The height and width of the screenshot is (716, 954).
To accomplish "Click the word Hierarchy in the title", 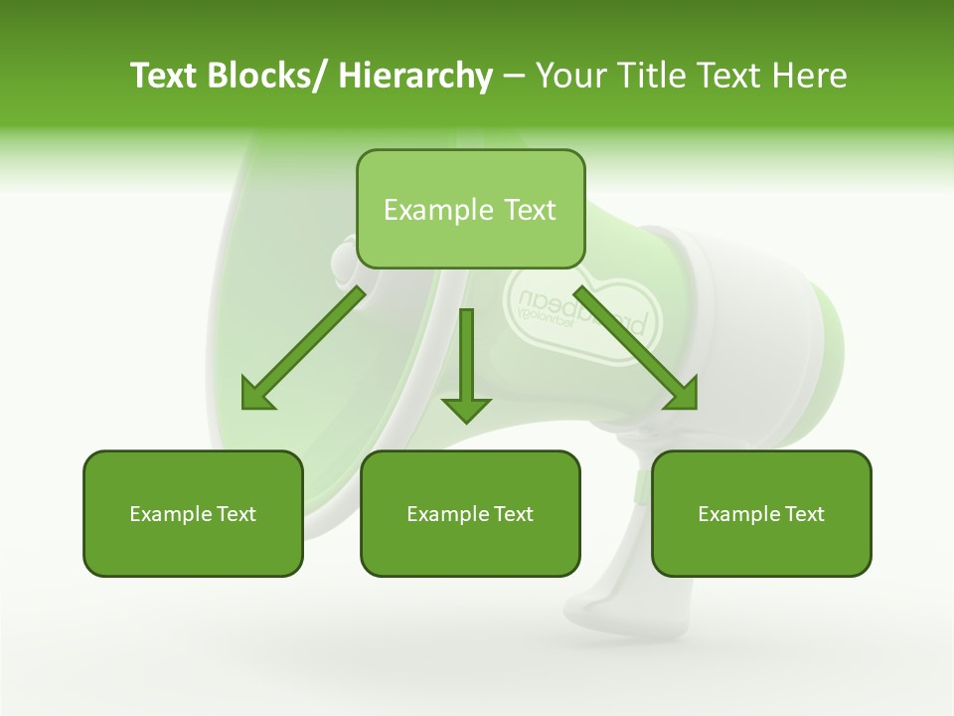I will pos(415,76).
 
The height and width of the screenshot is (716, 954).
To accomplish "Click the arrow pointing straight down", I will pos(466,368).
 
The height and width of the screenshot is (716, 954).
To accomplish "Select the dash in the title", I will pos(514,77).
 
